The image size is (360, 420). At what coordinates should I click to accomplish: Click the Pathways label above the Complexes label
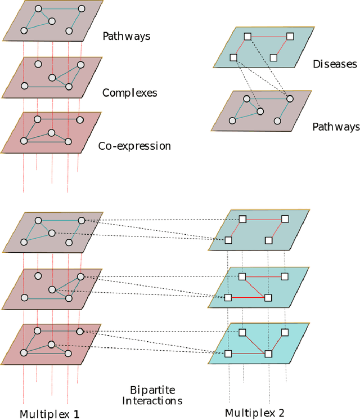(127, 37)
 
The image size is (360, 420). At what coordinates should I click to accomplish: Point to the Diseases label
(335, 64)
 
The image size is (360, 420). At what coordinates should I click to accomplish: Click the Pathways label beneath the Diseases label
(336, 127)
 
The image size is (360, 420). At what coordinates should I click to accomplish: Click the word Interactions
(155, 401)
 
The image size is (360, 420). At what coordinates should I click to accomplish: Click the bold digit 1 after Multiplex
(76, 414)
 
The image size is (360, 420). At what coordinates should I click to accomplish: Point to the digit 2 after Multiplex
(281, 413)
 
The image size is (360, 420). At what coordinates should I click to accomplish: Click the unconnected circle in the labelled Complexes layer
(38, 64)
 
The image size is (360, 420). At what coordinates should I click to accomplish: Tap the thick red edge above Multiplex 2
(248, 297)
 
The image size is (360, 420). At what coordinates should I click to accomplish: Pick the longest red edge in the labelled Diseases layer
(268, 36)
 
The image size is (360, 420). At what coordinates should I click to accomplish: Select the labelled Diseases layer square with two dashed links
(234, 57)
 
